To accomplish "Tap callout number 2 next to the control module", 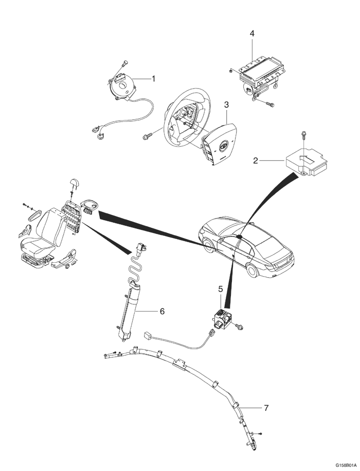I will point(256,161).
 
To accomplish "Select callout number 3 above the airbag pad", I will point(226,104).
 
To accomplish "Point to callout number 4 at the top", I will point(252,33).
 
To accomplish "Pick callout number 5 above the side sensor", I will point(221,289).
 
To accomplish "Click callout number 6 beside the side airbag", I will point(161,311).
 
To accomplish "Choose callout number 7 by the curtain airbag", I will point(266,408).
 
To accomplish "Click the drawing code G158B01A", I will point(344,464).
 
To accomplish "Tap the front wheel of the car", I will point(208,246).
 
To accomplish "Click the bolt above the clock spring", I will point(124,63).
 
